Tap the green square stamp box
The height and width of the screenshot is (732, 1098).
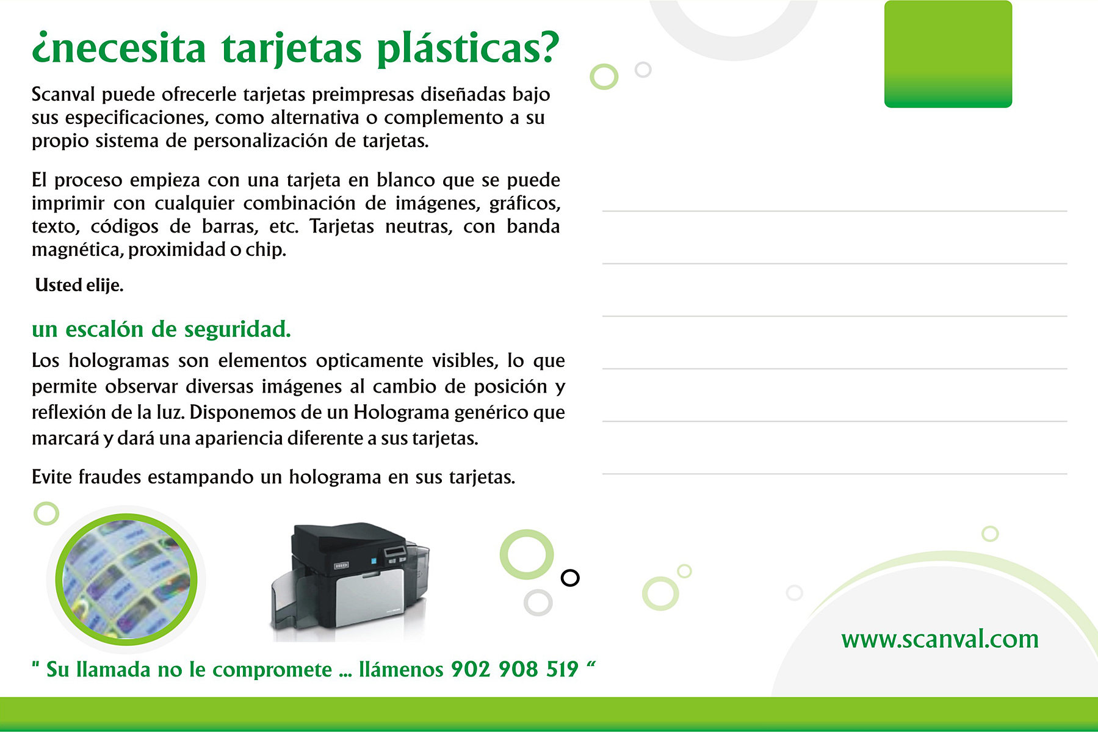[x=948, y=54]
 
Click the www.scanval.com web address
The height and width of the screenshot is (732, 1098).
[x=940, y=639]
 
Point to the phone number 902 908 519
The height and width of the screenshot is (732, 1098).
[x=515, y=669]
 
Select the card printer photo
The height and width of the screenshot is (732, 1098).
[x=350, y=581]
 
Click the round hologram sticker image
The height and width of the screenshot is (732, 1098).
[x=126, y=579]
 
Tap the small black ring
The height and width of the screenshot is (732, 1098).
[x=570, y=578]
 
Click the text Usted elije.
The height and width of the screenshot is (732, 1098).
[x=79, y=285]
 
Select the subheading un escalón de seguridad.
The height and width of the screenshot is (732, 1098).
[x=161, y=329]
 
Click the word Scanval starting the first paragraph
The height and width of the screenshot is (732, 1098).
[x=63, y=95]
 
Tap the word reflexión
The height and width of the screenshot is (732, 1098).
[x=69, y=413]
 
